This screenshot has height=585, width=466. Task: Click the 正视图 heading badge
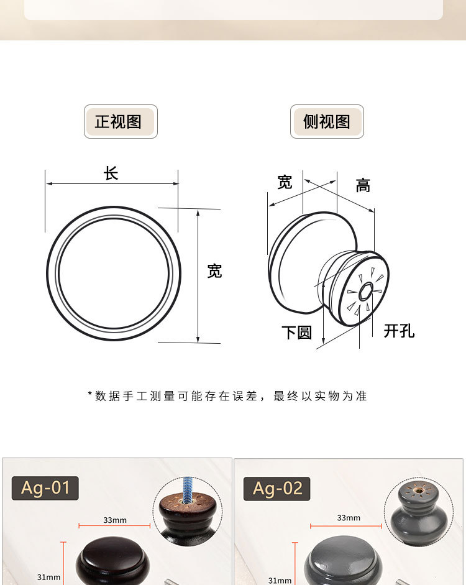coord(121,121)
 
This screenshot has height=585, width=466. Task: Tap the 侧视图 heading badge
coord(327,121)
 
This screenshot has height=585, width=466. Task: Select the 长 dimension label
coord(111,173)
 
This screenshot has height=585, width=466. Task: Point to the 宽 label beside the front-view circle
coord(214,271)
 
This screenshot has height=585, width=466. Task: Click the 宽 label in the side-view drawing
coord(285,182)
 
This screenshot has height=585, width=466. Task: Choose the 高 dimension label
coord(363,185)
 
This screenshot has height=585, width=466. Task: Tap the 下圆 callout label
coord(296,332)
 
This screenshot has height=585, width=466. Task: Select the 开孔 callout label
coord(398,331)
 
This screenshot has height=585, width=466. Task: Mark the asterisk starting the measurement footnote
coord(90,395)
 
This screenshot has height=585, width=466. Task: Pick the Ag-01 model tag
coord(45,488)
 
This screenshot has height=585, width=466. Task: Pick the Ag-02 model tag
coord(277,489)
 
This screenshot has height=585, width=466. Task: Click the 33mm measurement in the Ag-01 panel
coord(114,520)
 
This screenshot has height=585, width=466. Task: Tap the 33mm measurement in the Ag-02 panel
coord(348,517)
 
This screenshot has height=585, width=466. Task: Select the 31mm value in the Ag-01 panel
coord(48,577)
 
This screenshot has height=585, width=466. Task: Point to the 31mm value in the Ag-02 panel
coord(280,580)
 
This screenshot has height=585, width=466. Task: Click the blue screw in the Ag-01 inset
coord(188,488)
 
